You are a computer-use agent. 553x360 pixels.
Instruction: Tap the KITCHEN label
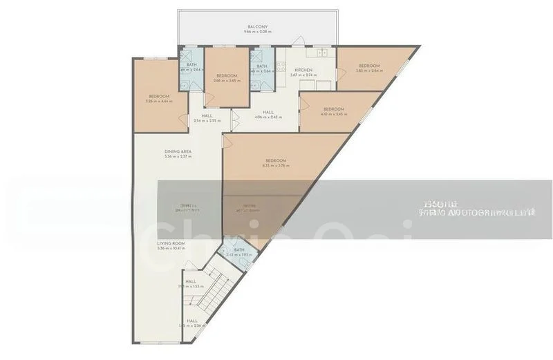tap(304, 70)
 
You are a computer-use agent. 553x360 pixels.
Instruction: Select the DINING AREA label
tap(178, 151)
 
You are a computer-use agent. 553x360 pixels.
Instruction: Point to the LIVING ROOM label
tap(171, 243)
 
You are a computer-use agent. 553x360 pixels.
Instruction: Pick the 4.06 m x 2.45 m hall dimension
tap(268, 117)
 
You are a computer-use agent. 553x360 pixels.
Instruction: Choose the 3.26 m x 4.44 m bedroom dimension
tap(158, 102)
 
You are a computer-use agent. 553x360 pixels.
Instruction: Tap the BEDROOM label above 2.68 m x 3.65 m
tap(227, 75)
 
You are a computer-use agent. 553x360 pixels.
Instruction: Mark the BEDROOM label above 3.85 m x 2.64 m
tap(368, 66)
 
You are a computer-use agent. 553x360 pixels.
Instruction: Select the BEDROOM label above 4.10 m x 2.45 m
tap(334, 109)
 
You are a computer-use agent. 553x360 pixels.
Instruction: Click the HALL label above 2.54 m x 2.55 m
tap(207, 115)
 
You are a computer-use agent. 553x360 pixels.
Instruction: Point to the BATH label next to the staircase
tap(239, 250)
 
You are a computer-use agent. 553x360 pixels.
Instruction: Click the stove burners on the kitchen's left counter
tap(281, 68)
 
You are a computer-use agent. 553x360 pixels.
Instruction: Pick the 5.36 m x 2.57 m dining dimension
tap(178, 157)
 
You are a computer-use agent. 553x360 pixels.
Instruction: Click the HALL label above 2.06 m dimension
tap(191, 321)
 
